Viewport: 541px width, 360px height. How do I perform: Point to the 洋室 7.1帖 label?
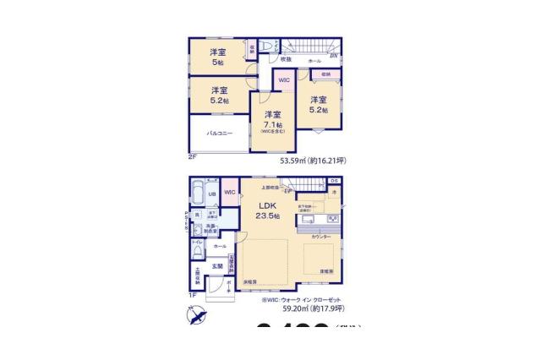click(x=272, y=121)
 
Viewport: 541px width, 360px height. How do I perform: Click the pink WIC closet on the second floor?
click(x=284, y=80)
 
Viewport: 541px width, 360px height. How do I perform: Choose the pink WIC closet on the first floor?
click(x=230, y=194)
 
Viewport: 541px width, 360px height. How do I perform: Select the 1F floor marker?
click(x=193, y=295)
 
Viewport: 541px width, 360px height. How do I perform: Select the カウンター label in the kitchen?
click(x=320, y=237)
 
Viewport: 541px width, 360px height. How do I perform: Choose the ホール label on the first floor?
click(x=220, y=245)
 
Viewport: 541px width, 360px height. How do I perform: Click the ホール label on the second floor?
click(x=314, y=62)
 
